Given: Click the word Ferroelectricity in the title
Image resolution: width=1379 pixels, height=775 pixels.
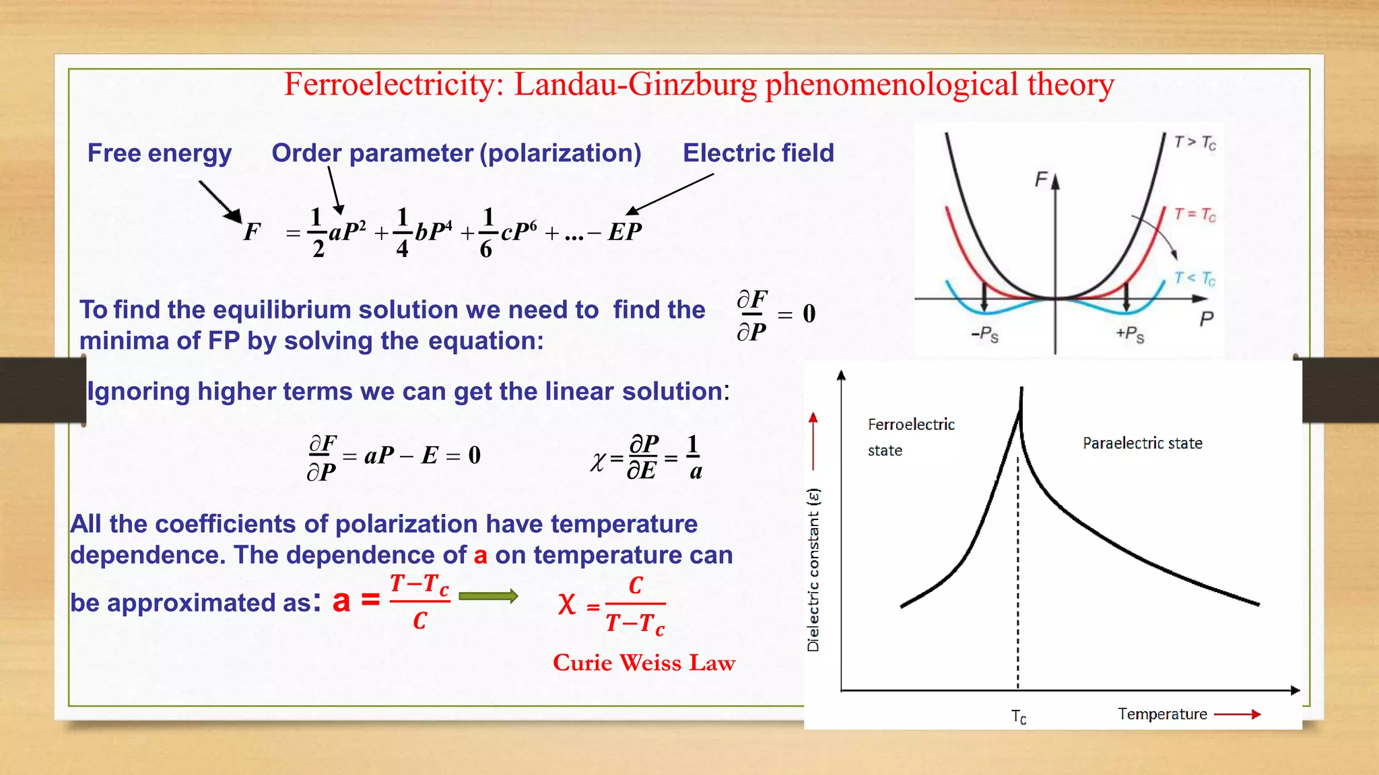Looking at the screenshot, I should [394, 85].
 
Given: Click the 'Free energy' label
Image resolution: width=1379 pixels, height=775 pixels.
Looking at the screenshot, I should [160, 153].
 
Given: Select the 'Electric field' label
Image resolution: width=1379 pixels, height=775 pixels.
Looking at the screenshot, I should [758, 153].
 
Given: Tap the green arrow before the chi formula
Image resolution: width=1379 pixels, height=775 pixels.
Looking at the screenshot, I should [488, 596].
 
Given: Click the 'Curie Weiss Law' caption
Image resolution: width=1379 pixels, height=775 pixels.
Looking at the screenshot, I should [644, 663].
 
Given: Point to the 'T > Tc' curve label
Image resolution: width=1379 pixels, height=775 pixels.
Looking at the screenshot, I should [1195, 143].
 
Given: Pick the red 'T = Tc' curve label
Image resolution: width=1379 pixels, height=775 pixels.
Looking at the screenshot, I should [1195, 215].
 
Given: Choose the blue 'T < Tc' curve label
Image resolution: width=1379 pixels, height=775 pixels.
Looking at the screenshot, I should [1195, 278].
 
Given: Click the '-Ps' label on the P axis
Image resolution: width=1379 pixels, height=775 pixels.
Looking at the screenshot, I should [984, 334].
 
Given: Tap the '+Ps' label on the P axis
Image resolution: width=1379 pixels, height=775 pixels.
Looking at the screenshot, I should [1130, 334].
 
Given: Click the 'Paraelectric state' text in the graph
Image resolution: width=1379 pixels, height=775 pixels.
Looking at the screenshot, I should [1142, 443].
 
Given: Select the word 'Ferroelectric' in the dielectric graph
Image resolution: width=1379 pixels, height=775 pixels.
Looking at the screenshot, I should [911, 425].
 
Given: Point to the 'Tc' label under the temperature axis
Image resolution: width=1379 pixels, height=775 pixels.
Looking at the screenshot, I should [1019, 717].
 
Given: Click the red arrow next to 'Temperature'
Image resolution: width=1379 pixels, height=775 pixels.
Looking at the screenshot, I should [1238, 714].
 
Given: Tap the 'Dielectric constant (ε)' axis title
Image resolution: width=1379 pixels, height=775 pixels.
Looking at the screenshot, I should [813, 569].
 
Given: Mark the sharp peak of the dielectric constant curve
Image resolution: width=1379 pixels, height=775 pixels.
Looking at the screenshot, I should [1021, 390].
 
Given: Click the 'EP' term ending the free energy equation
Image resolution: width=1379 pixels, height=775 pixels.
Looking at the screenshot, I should [625, 232].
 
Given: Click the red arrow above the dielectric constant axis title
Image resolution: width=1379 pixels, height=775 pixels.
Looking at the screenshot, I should [813, 441].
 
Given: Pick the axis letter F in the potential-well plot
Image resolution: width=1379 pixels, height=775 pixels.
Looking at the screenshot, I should [1041, 180].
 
